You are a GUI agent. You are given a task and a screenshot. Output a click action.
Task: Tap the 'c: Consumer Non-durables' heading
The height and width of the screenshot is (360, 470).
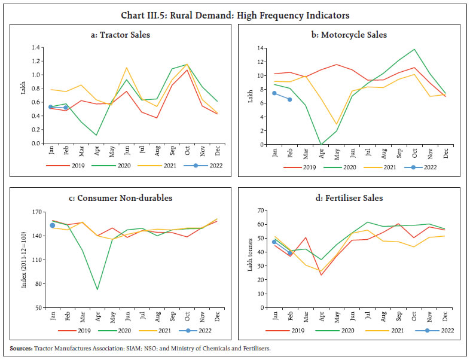[124, 199]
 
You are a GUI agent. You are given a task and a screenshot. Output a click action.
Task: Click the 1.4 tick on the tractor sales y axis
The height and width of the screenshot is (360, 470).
[23, 48]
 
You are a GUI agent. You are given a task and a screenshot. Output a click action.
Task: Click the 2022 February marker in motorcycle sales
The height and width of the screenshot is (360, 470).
[290, 99]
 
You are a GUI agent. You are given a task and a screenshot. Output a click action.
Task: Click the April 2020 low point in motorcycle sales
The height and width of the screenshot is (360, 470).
[321, 144]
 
